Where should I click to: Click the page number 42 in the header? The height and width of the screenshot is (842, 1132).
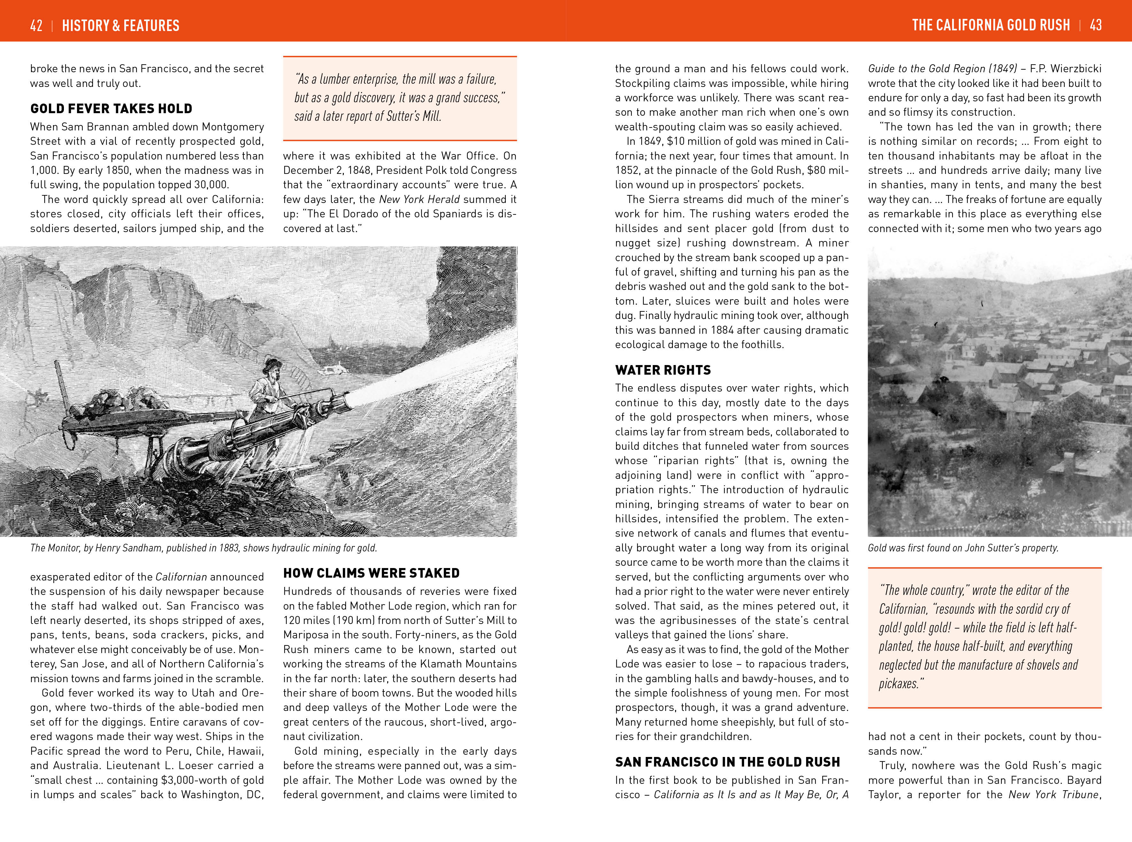point(36,26)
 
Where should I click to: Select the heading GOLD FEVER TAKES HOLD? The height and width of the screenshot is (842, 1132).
point(111,109)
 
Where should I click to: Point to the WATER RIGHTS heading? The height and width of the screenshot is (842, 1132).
point(662,370)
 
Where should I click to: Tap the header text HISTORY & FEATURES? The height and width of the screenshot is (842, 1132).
point(121,26)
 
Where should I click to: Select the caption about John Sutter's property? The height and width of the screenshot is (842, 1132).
point(963,548)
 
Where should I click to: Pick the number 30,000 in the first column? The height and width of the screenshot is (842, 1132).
point(208,184)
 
